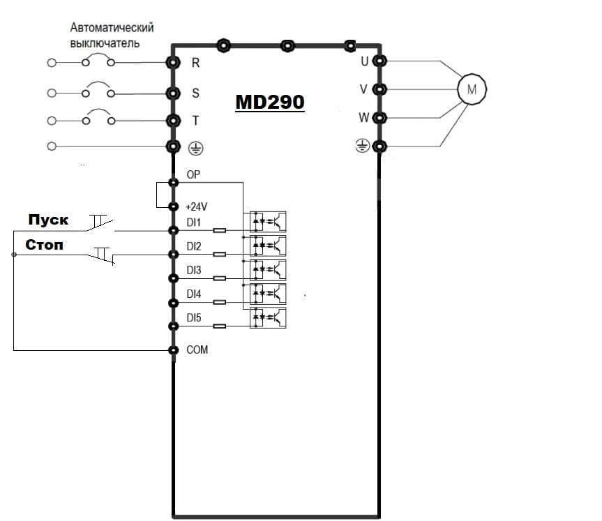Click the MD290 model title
(x=269, y=102)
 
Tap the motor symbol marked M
(x=472, y=89)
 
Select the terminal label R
(x=195, y=62)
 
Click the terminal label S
(x=195, y=93)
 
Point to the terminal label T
(x=195, y=120)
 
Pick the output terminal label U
(x=364, y=61)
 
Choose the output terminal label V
(x=363, y=89)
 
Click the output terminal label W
(x=363, y=117)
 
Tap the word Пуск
(x=48, y=220)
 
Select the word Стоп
(x=45, y=245)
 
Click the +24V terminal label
(x=197, y=207)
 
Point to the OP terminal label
(x=193, y=175)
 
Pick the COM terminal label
(x=197, y=349)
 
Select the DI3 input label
(x=193, y=270)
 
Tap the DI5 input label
(x=193, y=318)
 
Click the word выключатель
(x=104, y=43)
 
